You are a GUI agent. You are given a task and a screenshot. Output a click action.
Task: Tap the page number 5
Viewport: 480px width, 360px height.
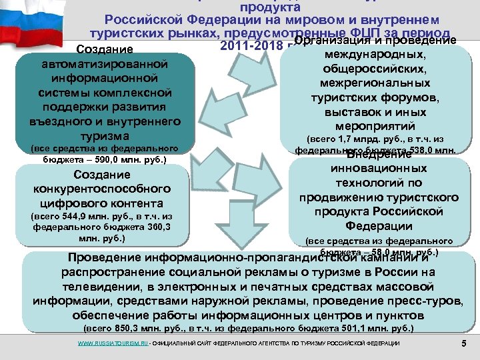[463, 343]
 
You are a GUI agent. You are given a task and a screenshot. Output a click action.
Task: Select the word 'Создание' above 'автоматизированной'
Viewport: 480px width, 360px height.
[105, 49]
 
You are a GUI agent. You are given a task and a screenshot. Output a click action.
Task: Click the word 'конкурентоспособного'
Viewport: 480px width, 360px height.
[103, 189]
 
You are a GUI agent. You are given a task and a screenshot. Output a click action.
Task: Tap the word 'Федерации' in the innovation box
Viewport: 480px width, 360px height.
[378, 225]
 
